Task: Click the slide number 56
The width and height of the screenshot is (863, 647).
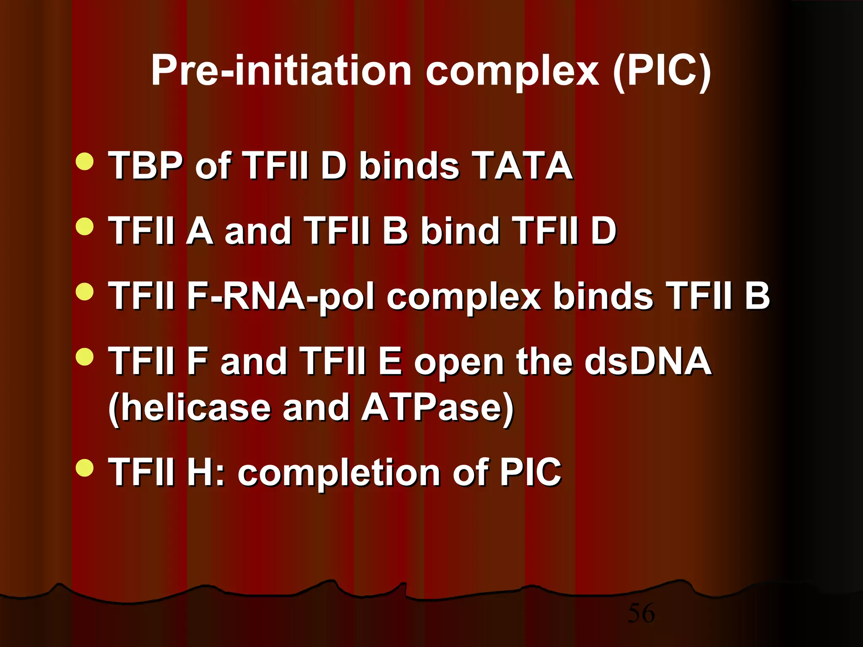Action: (641, 613)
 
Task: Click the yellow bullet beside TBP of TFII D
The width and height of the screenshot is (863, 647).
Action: (85, 162)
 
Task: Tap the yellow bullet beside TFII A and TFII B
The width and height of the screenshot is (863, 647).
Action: (85, 226)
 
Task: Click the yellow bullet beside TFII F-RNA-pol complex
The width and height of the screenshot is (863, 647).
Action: (85, 292)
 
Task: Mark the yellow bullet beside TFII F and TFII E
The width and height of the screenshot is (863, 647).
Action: (85, 357)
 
